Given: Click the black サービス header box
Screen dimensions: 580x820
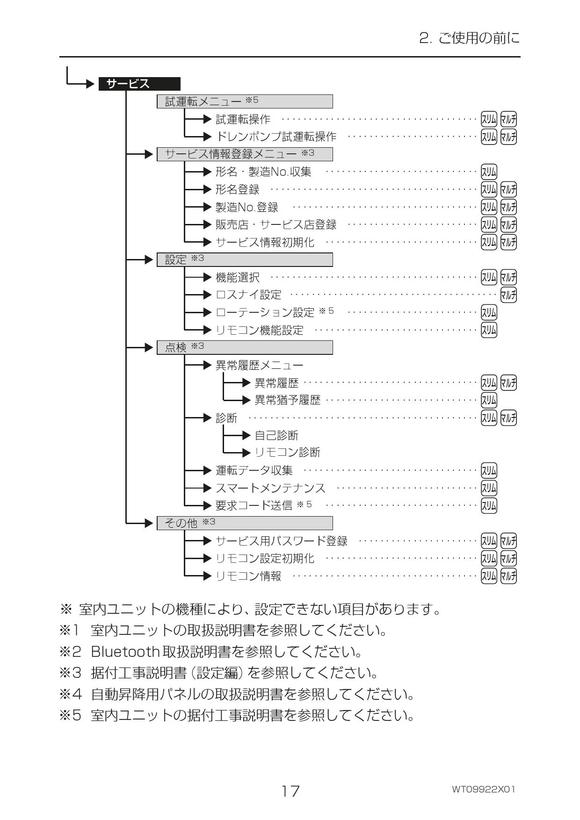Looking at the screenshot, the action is pos(139,84).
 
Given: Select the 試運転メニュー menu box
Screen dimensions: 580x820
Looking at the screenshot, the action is pos(245,101).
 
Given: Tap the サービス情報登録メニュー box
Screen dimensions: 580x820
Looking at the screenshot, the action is pos(245,154).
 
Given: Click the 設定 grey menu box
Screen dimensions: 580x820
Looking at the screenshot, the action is pos(245,260).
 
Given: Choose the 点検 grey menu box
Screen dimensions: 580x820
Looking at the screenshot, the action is pos(245,347).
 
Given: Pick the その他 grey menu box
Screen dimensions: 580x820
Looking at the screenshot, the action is pos(245,523).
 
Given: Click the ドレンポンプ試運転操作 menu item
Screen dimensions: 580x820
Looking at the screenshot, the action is pos(276,137).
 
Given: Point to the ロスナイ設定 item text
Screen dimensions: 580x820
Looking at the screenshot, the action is pos(248,295).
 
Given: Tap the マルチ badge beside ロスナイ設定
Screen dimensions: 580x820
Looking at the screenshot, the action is pos(508,295).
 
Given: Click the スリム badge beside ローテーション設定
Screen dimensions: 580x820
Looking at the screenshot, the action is pos(489,312).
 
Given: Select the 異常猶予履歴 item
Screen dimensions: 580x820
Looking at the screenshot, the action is pos(288,400).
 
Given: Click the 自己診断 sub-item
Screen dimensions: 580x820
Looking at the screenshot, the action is pos(276,436).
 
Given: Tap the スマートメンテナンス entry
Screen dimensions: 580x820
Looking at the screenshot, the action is pos(270,488).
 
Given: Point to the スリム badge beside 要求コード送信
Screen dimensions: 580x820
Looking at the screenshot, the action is pos(489,505).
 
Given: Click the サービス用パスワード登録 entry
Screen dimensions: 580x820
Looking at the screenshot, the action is pos(282,541).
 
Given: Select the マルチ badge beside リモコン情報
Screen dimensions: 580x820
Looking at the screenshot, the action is pos(508,576).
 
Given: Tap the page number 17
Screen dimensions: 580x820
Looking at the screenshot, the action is pos(290,791).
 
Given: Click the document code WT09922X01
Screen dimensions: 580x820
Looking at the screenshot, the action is pos(484,790).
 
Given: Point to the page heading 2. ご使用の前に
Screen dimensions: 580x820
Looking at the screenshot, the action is pos(470,38).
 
